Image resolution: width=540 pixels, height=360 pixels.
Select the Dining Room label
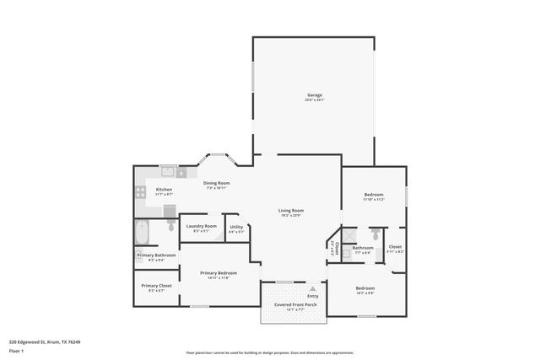coord(218,183)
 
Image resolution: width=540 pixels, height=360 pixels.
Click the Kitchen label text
coord(164,190)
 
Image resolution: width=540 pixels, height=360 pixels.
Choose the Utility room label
coord(236,226)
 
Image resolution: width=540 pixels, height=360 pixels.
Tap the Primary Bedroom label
coord(218,273)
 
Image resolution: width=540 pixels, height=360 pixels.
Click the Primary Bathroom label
coord(156,255)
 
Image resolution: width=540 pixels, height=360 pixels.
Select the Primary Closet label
coord(156,286)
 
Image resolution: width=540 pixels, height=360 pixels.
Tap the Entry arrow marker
coord(313,287)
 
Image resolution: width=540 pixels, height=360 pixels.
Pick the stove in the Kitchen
coord(140,191)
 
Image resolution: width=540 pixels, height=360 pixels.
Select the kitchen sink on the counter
coord(167,172)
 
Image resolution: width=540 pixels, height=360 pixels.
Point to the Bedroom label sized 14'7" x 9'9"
coord(365,288)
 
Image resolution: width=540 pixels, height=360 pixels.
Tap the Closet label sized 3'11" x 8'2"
coord(395,247)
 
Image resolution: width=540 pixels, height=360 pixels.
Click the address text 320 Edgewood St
coord(44,341)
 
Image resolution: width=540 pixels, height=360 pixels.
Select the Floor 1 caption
coord(17,350)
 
